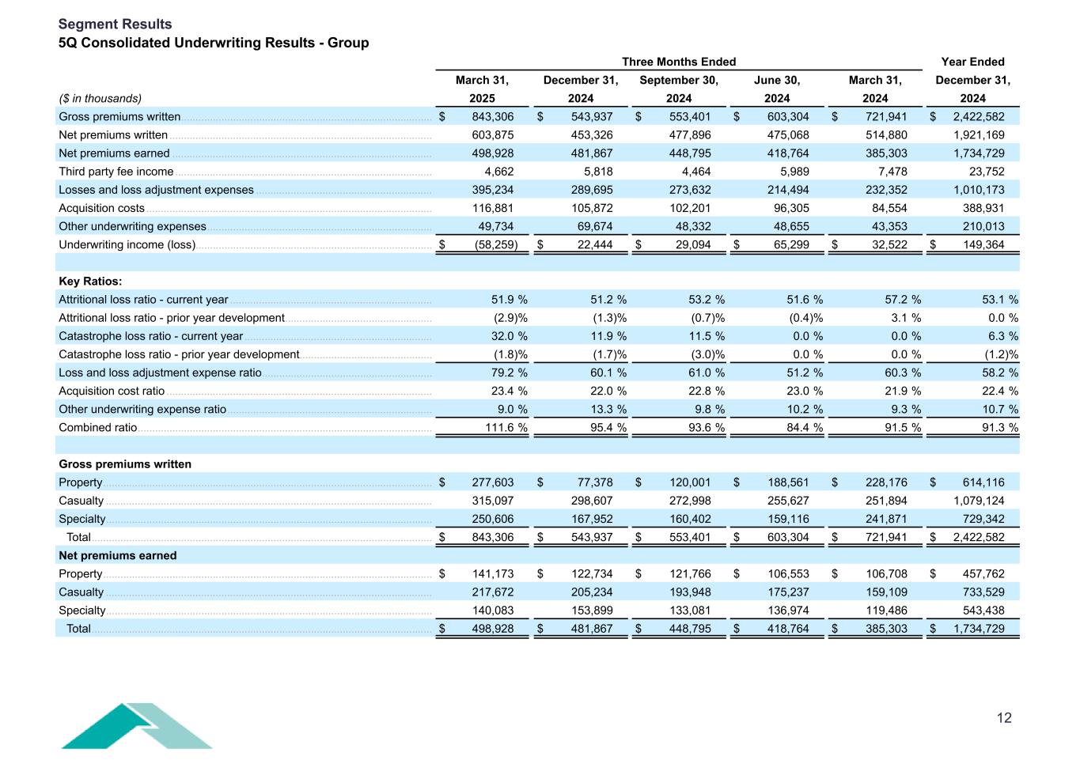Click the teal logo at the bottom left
point(136,725)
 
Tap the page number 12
point(1004,718)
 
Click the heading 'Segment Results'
point(115,25)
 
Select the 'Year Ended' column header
point(972,62)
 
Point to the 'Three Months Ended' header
point(679,62)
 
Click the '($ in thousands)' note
point(100,98)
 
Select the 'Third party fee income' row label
point(116,172)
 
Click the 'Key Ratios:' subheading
point(90,282)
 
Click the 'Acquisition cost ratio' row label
point(112,391)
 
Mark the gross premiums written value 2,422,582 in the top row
point(978,117)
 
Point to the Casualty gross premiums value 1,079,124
point(978,501)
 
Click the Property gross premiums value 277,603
point(493,482)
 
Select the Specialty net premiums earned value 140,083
point(493,611)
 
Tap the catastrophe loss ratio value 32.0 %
point(509,336)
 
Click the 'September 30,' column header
point(679,80)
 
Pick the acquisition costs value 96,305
point(790,208)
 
